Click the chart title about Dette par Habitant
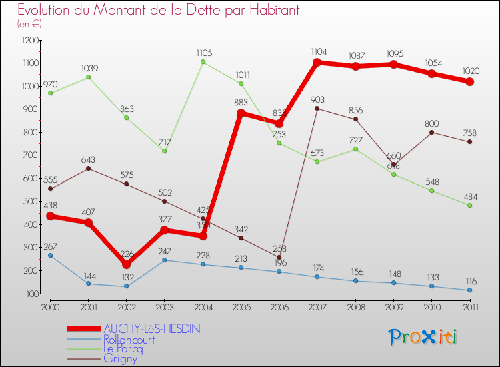(159, 11)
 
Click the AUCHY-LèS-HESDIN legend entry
(151, 328)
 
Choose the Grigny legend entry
(122, 358)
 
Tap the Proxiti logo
(423, 337)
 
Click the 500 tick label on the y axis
(31, 202)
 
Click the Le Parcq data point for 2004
(203, 62)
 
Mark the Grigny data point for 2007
(317, 108)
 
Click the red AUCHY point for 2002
(126, 264)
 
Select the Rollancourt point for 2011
(470, 290)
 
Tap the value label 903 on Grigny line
(318, 99)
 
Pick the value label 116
(470, 280)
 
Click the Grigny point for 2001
(88, 168)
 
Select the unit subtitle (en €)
(29, 24)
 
